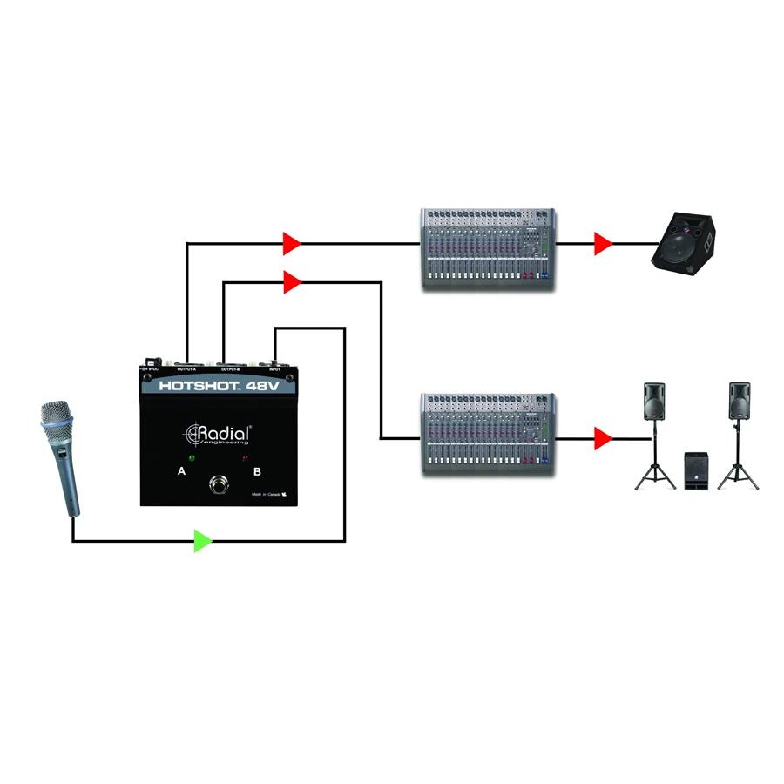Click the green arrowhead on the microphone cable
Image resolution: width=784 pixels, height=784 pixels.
(201, 541)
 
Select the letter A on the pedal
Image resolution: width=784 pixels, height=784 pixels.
(181, 471)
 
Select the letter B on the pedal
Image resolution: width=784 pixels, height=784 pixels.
(257, 471)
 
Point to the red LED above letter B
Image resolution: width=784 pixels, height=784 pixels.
(247, 456)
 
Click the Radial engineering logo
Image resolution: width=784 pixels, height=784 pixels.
(219, 434)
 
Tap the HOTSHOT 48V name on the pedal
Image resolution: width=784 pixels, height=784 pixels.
(219, 384)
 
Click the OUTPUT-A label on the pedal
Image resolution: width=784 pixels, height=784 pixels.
(187, 369)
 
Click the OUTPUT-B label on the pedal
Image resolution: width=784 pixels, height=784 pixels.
(230, 369)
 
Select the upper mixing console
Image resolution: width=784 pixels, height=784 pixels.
(487, 248)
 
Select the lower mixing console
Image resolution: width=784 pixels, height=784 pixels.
(487, 434)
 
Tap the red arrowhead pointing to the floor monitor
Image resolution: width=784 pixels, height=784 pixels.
(602, 244)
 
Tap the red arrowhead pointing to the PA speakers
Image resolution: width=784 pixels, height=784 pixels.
(602, 439)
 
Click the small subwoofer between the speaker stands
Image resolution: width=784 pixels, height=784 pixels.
(696, 471)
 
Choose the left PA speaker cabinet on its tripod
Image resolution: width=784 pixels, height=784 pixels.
(655, 402)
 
